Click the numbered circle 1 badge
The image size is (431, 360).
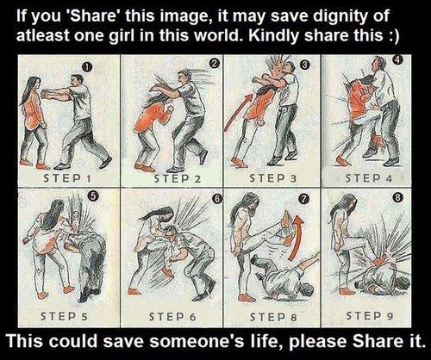point(86,67)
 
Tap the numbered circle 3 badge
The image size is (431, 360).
point(305,65)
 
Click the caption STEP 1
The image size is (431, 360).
point(67,178)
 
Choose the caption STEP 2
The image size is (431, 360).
point(178,178)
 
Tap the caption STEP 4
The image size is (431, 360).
point(369,178)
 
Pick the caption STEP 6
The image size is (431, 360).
point(172,317)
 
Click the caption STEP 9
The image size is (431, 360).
point(369,316)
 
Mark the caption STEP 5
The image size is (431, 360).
point(64,316)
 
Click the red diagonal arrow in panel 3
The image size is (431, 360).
point(239,111)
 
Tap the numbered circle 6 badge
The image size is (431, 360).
point(217,198)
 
